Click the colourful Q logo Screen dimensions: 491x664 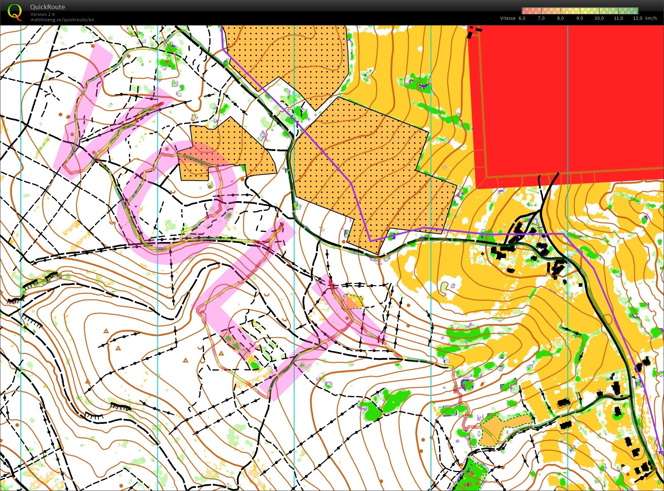point(15,11)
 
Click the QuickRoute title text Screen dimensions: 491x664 point(47,7)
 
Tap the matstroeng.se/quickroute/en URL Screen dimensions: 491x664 point(62,20)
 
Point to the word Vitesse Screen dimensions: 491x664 point(507,18)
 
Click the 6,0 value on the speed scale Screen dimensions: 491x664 point(522,18)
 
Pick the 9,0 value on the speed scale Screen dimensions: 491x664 point(580,18)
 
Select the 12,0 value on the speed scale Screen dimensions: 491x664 point(637,18)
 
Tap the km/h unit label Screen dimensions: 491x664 point(651,18)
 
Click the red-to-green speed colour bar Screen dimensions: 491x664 point(580,11)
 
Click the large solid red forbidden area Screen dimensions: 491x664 point(567,100)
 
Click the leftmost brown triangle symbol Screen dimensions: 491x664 point(87,382)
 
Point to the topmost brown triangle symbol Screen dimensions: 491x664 point(105,331)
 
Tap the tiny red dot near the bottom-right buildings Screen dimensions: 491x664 point(628,474)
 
